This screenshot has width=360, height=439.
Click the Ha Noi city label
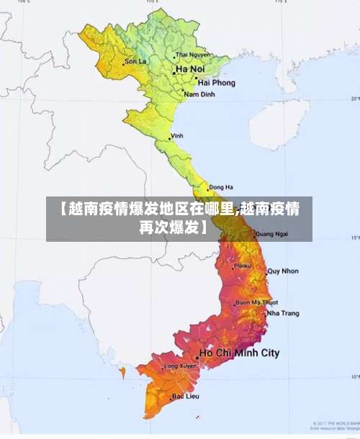click(189, 70)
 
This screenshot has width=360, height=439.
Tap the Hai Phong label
click(202, 83)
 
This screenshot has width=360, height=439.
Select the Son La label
click(135, 61)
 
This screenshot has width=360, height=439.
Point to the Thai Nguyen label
click(192, 54)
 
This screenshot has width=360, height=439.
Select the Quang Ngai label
click(271, 233)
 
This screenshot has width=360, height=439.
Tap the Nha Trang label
click(282, 313)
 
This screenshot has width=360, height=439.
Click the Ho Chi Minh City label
click(239, 353)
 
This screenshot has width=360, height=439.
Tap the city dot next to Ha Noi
click(173, 70)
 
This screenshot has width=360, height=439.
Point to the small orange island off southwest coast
click(122, 373)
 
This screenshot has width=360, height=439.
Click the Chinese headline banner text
click(179, 219)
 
